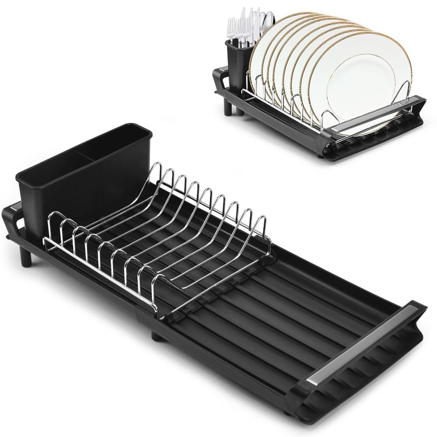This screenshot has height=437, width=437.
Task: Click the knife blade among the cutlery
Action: coord(256,22)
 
